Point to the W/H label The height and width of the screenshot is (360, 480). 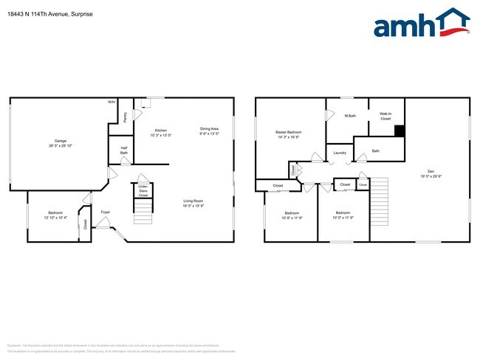point(112,102)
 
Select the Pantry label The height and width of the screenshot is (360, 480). point(126,116)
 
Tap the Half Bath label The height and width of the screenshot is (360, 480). point(124,150)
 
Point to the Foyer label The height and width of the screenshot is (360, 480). point(106,212)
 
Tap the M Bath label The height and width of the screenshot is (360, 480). point(351,116)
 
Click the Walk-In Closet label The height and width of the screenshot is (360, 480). point(385,116)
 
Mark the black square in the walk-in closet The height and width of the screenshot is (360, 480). point(400,131)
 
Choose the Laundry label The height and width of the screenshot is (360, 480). point(340,153)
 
